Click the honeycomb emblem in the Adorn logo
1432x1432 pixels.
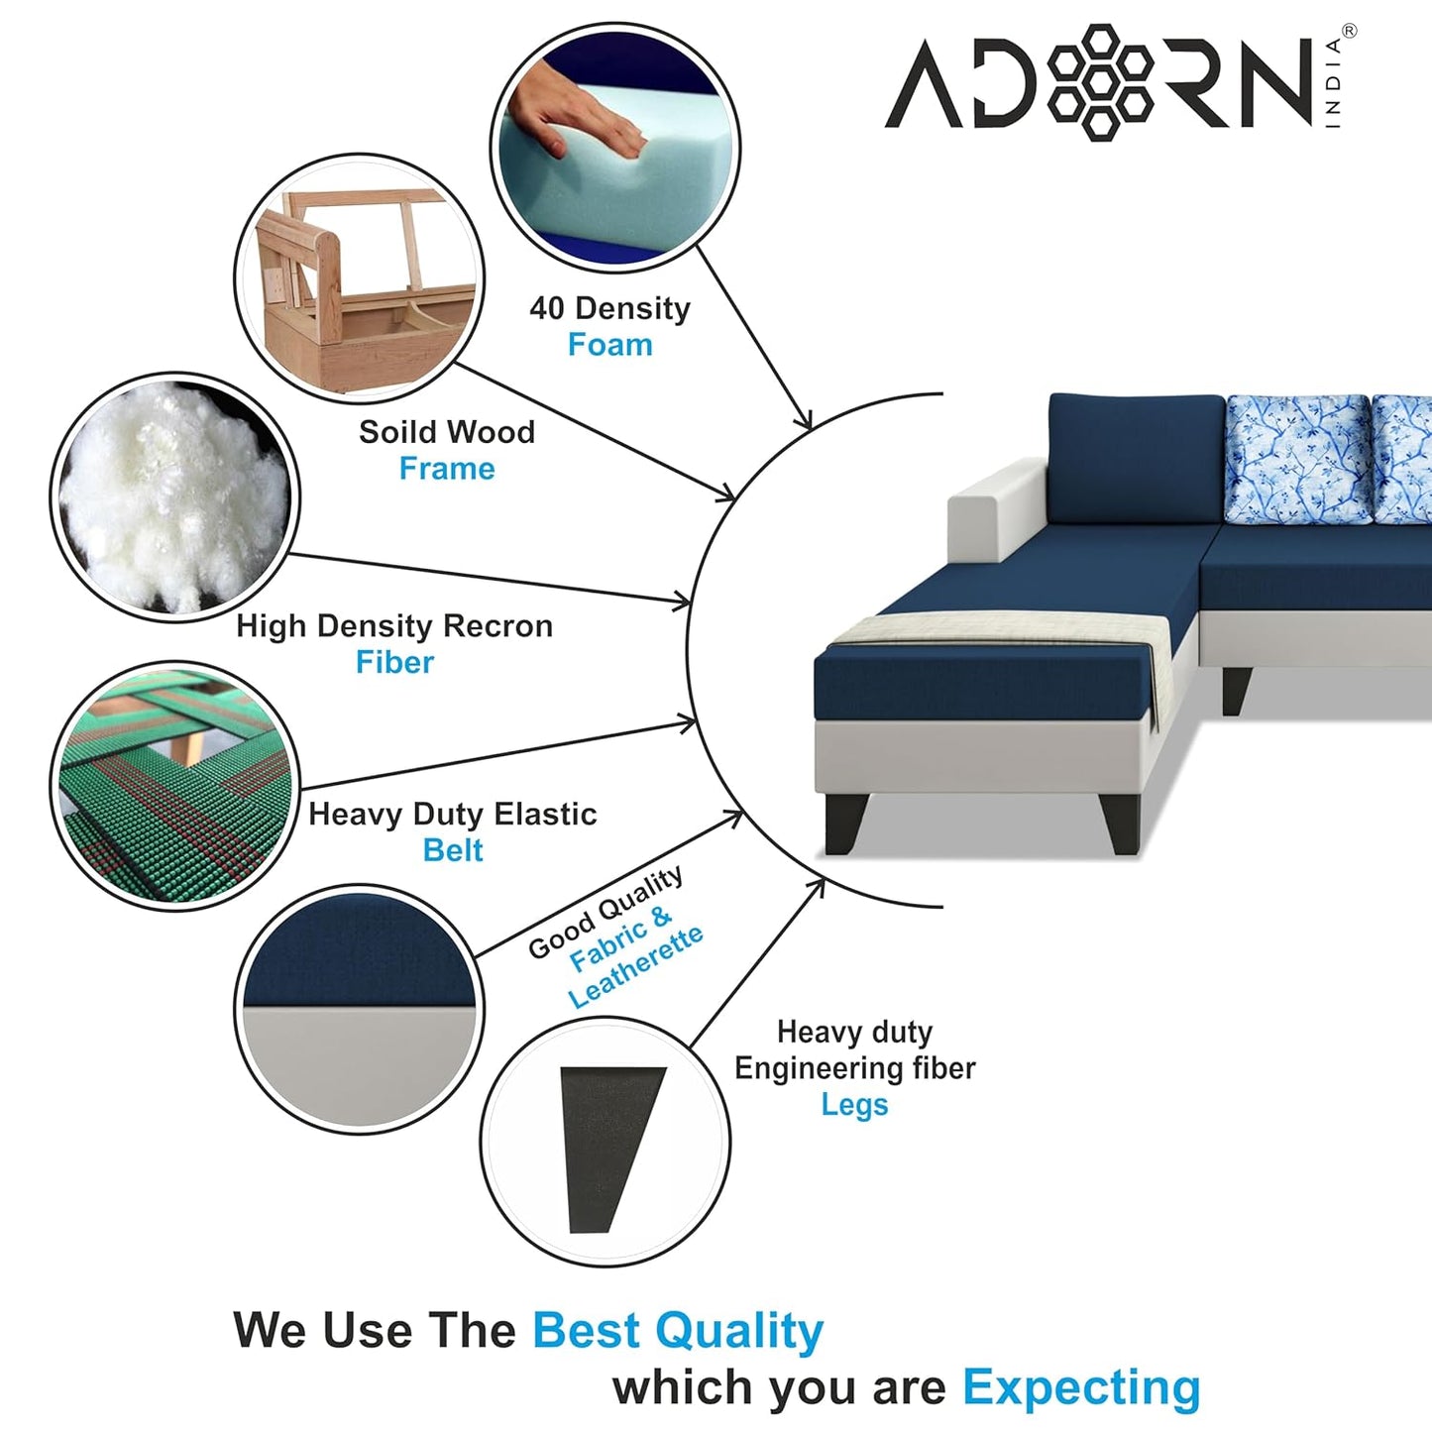coord(1099,81)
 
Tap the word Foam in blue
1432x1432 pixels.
coord(609,345)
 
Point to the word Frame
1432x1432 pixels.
coord(446,469)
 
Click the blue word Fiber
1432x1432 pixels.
coord(394,662)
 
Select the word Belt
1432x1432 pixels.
coord(452,850)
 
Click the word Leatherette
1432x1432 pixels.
coord(636,967)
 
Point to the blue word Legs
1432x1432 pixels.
coord(854,1104)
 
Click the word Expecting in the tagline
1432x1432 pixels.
coord(1081,1387)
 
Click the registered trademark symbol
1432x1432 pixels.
coord(1349,32)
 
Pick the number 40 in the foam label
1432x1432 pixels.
coord(546,308)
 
